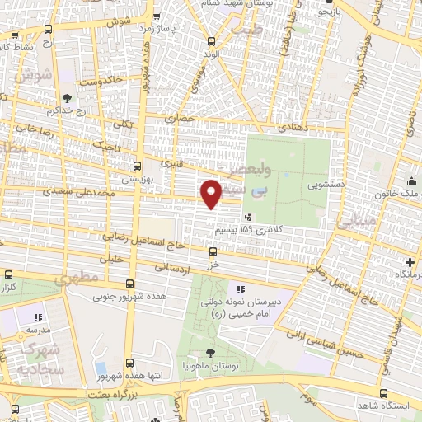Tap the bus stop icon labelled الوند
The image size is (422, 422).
(212, 40)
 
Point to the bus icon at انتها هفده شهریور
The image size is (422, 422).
(130, 362)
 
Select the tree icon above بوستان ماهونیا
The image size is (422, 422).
(212, 352)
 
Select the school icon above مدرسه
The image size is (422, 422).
(37, 316)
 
